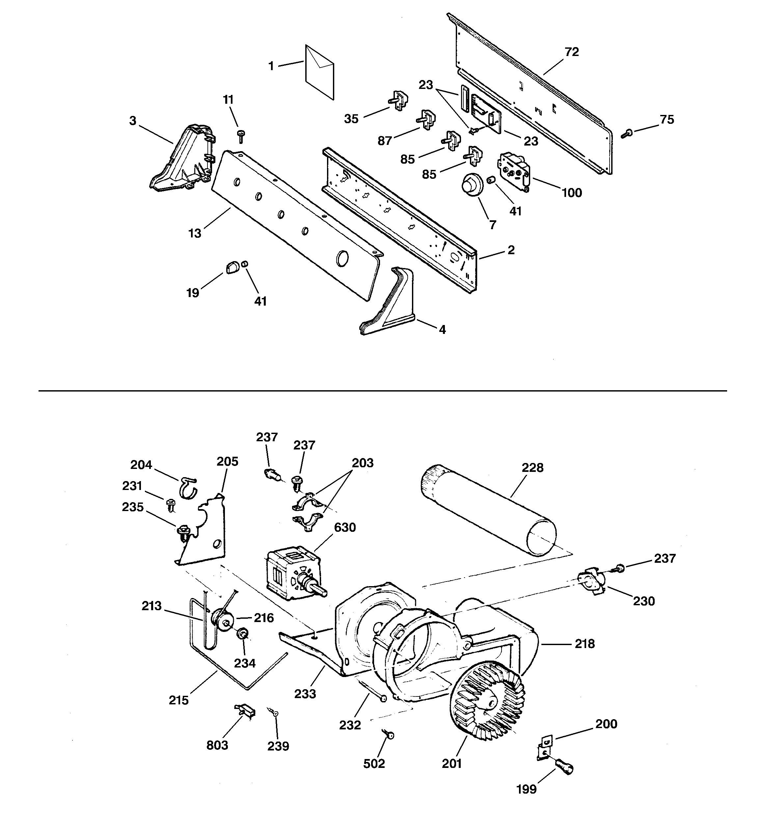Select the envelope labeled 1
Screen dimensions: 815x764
point(319,72)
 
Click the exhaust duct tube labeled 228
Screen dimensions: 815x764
point(488,509)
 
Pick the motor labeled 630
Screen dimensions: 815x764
point(292,574)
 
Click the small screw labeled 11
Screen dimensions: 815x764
point(241,135)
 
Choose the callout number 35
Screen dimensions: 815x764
point(351,119)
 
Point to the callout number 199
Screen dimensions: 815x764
point(526,800)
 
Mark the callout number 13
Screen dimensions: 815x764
point(195,233)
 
